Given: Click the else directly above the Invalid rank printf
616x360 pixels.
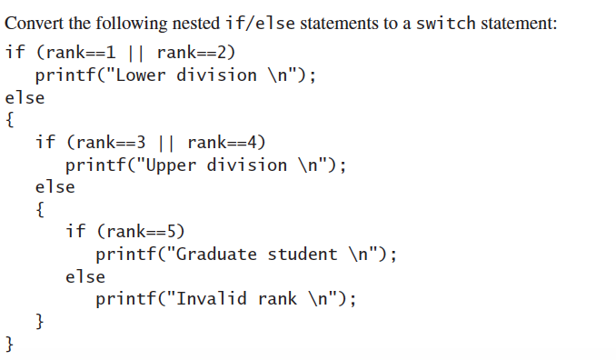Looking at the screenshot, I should (x=85, y=276).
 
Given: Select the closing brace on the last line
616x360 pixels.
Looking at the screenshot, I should (x=10, y=344).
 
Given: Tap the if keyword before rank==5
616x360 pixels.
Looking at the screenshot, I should (x=75, y=231).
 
